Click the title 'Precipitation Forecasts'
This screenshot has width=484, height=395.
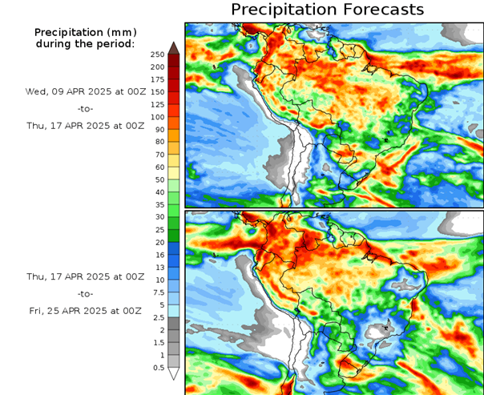click(327, 10)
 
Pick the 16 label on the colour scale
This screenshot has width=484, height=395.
click(157, 255)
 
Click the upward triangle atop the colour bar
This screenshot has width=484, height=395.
click(173, 47)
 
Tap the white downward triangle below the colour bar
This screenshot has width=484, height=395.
click(173, 373)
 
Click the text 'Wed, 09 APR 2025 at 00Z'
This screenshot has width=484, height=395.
click(85, 91)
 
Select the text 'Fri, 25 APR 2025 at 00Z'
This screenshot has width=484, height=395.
click(85, 310)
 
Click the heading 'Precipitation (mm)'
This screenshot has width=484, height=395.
click(85, 31)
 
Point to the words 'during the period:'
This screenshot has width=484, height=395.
click(85, 42)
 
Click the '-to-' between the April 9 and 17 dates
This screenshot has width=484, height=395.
click(85, 108)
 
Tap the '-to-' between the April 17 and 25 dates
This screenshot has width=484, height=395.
click(85, 293)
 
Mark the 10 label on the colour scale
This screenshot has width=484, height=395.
click(157, 280)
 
